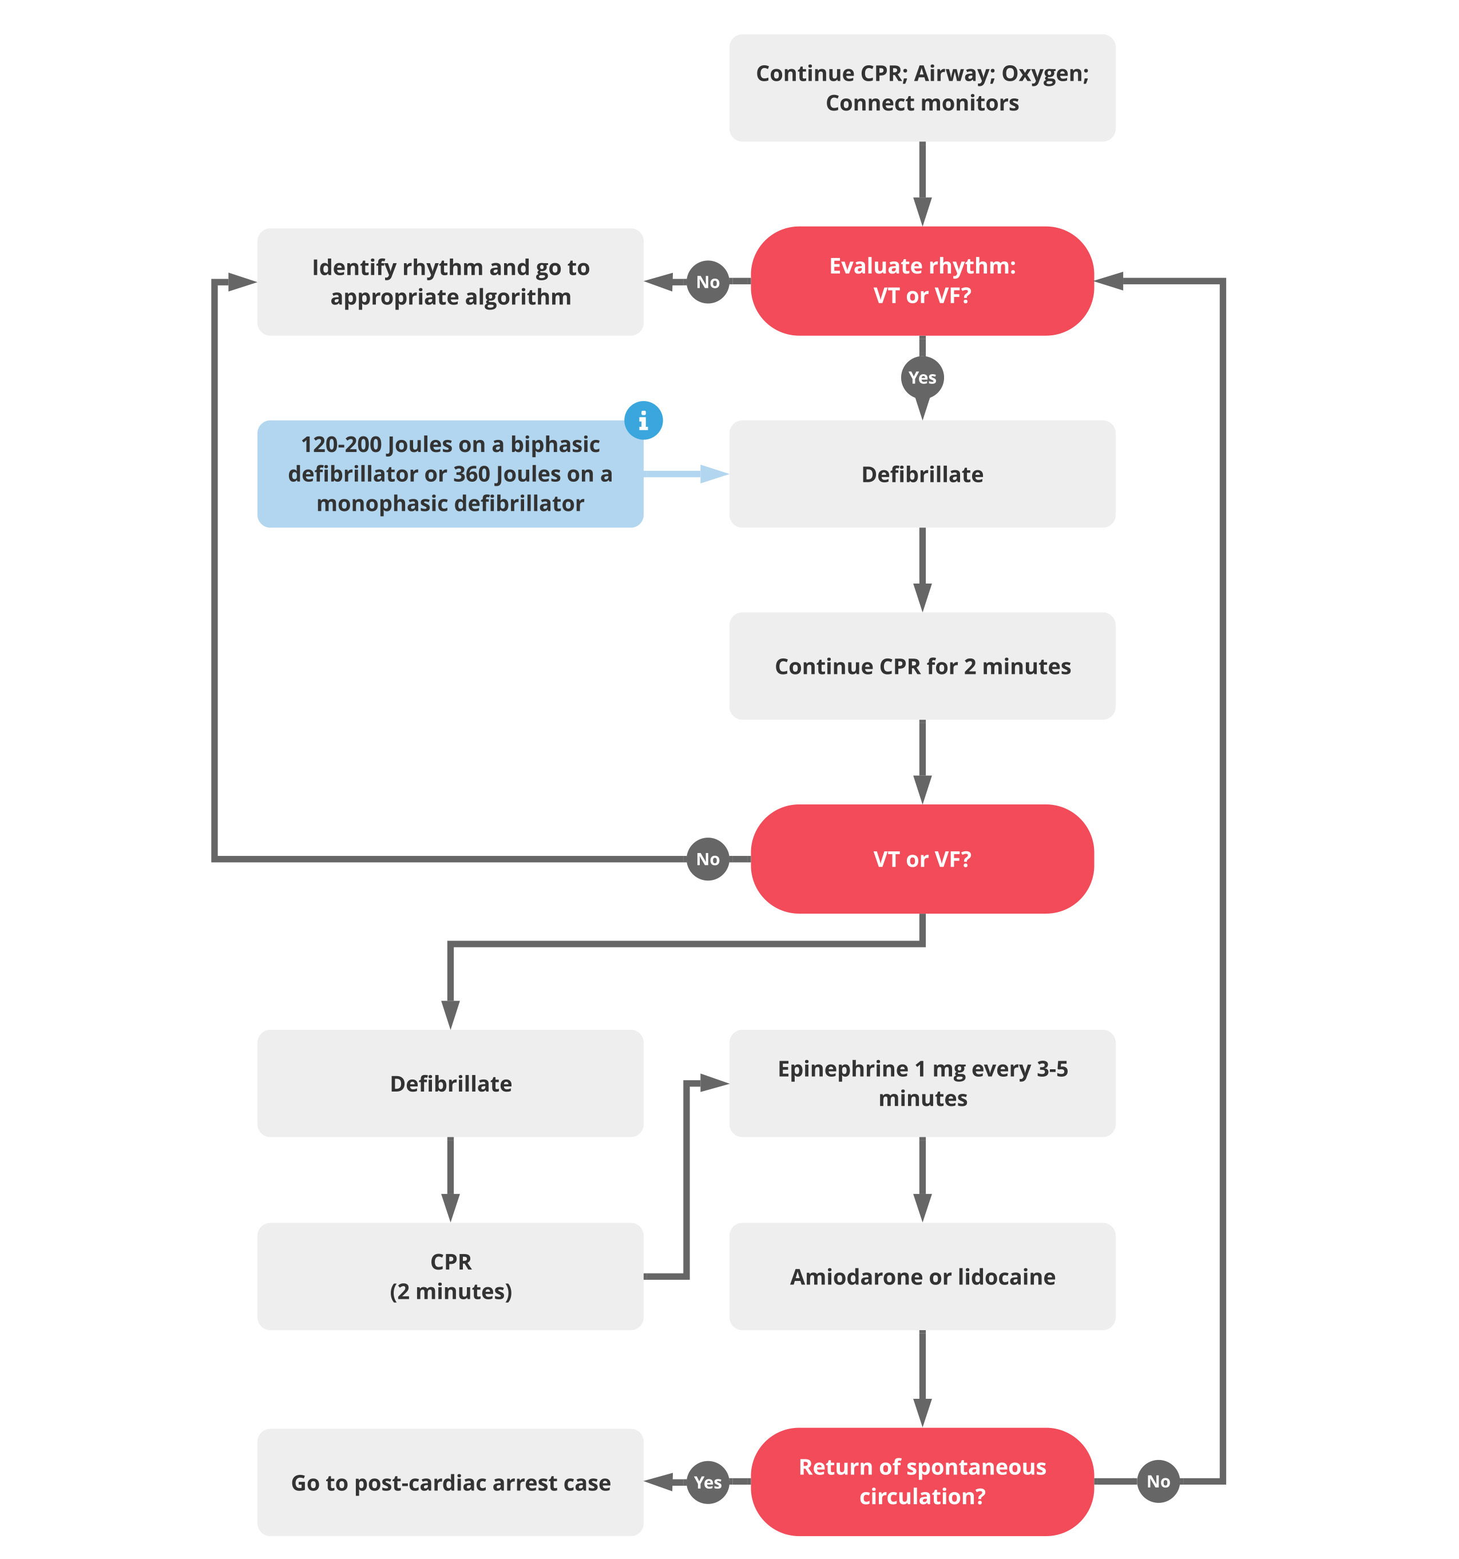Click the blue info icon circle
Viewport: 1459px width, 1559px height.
click(643, 421)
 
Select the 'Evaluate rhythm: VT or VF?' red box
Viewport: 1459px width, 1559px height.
click(922, 281)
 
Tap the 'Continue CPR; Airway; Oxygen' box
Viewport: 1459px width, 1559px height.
click(922, 88)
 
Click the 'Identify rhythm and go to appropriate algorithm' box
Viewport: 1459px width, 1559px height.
click(450, 281)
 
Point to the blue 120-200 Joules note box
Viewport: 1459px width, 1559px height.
click(450, 474)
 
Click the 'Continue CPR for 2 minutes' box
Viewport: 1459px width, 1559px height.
click(922, 666)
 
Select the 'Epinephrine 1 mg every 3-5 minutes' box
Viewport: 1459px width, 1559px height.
click(922, 1083)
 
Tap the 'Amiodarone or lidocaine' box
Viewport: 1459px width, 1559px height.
click(922, 1276)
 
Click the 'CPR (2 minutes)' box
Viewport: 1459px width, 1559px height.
click(450, 1276)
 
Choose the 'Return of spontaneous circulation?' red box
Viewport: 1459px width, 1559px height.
click(922, 1481)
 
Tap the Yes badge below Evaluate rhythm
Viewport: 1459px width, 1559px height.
click(922, 377)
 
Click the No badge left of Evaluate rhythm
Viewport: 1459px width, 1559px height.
click(708, 281)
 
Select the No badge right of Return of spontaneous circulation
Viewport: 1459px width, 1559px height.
click(1158, 1481)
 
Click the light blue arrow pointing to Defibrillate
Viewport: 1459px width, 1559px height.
click(687, 474)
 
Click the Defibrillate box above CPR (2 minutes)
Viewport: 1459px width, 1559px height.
click(450, 1083)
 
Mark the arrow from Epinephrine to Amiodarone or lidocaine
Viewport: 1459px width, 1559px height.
click(922, 1179)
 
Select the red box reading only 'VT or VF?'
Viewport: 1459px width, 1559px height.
click(922, 859)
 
